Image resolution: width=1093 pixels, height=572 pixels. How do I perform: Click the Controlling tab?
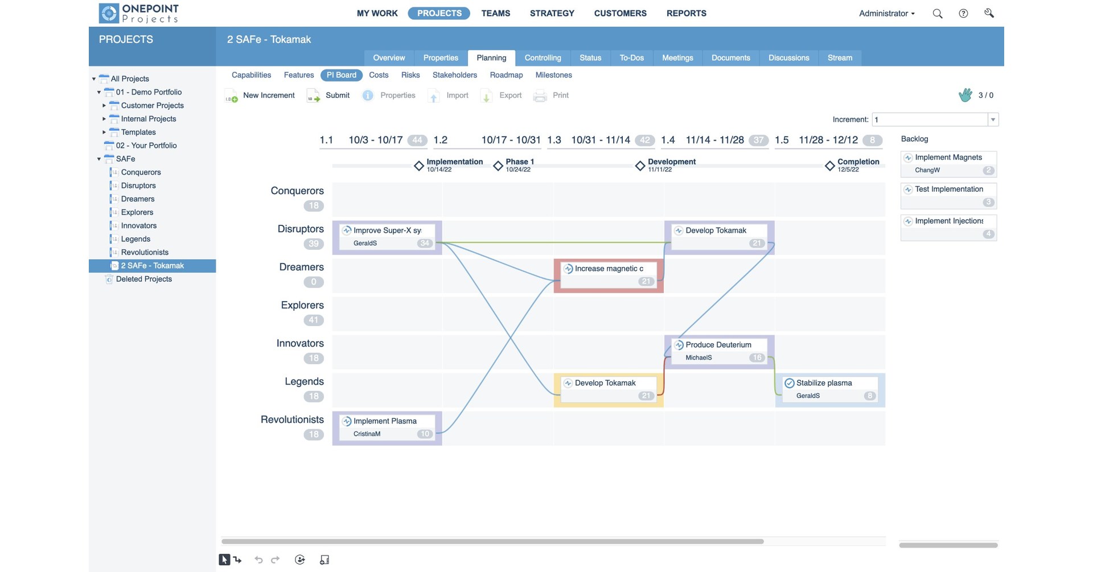coord(543,58)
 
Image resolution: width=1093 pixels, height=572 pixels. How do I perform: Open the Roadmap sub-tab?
coord(506,75)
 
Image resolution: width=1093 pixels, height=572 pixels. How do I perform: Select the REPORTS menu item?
coord(686,13)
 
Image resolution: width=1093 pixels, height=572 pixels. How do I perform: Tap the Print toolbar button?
coord(551,96)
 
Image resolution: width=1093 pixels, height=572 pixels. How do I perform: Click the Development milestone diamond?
coord(640,166)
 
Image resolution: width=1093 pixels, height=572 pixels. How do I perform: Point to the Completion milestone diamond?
coord(829,166)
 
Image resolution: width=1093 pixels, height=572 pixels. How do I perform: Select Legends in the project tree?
coord(135,239)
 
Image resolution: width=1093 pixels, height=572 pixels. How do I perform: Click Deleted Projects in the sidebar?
coord(143,279)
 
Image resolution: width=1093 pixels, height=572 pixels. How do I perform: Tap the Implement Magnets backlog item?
coord(948,163)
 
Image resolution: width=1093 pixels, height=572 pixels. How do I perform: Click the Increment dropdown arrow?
coord(993,120)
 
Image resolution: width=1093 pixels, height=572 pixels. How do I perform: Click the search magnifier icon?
coord(937,14)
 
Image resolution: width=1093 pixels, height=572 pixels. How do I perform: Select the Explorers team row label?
coord(302,306)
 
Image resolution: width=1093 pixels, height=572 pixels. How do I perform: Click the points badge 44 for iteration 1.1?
coord(417,140)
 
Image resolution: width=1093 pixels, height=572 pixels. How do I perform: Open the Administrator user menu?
coord(886,14)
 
